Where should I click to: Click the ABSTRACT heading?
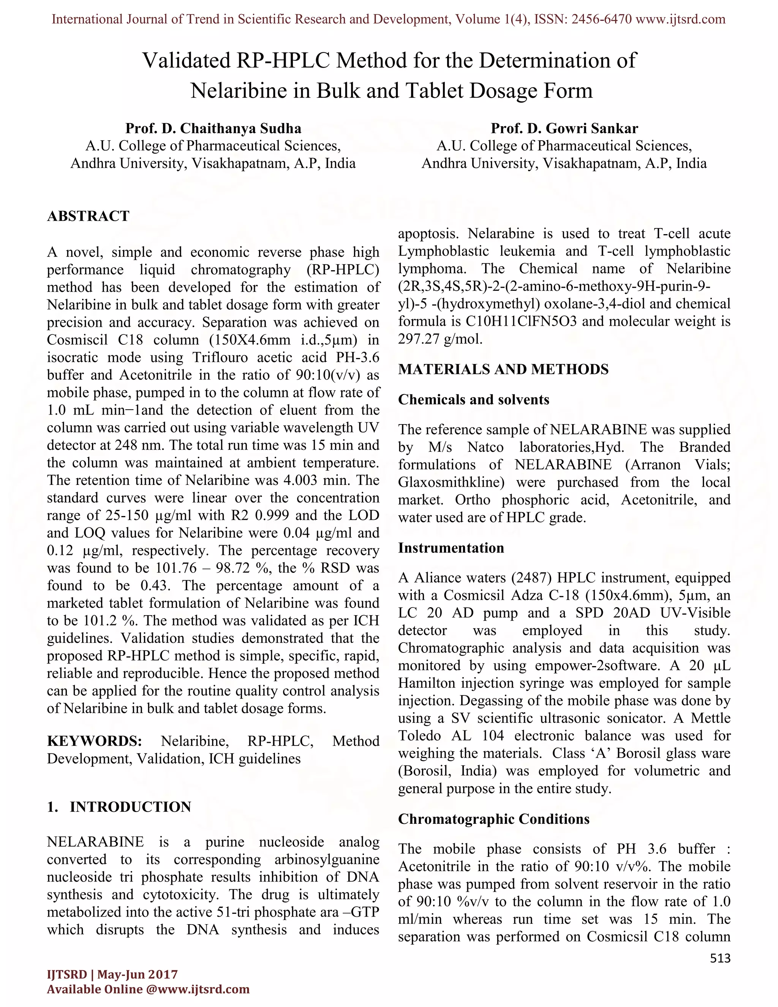[x=88, y=216]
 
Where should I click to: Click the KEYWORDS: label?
[x=95, y=741]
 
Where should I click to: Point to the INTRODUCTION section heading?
[x=130, y=807]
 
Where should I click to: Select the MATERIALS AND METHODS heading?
[x=503, y=369]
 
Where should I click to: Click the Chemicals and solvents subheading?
[x=473, y=399]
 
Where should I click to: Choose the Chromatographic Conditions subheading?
[x=493, y=819]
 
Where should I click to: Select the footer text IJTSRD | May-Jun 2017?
[x=112, y=974]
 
